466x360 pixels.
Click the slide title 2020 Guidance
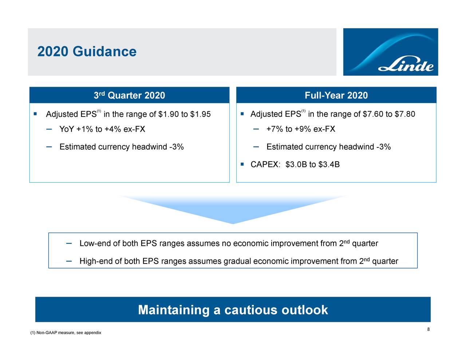click(x=87, y=52)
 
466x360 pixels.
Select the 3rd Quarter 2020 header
click(x=129, y=95)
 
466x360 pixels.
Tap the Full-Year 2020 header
click(x=336, y=95)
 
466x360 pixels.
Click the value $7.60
click(x=373, y=114)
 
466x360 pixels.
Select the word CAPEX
click(x=264, y=165)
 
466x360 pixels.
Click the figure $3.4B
click(x=329, y=165)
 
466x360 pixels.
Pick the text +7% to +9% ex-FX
click(x=301, y=129)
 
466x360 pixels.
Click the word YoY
click(x=67, y=129)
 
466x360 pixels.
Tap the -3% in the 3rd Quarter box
click(x=176, y=147)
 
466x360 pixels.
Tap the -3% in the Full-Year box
click(x=383, y=147)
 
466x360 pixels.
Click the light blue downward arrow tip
click(x=233, y=222)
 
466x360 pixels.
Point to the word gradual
click(x=237, y=261)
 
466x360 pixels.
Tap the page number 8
click(x=429, y=329)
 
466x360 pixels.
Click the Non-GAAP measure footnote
click(x=66, y=333)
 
